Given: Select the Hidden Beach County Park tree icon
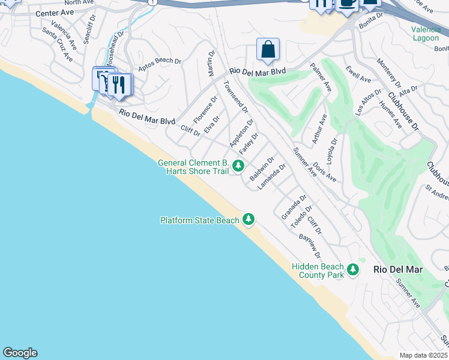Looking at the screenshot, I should click(353, 270).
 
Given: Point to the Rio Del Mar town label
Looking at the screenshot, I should click(397, 269).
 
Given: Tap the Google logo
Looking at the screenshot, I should click(20, 353).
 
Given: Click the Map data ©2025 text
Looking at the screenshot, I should click(423, 355).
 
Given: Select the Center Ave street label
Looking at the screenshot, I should click(55, 13).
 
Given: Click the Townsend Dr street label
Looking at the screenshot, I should click(235, 97).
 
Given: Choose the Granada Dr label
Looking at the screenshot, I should click(294, 206).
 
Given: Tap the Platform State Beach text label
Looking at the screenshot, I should click(200, 220).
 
